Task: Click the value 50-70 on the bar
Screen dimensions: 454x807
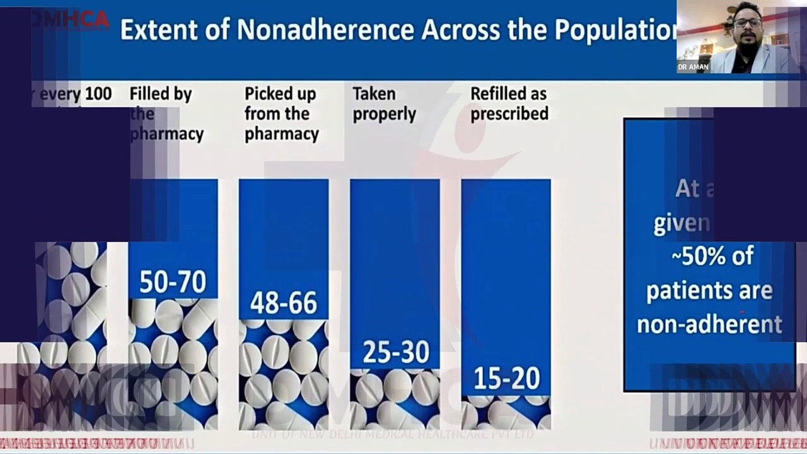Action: point(172,282)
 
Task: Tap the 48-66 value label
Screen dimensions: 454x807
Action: point(283,303)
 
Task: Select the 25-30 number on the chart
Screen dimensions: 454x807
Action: point(395,352)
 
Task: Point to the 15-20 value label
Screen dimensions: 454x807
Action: point(506,379)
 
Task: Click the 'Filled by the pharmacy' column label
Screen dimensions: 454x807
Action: point(166,114)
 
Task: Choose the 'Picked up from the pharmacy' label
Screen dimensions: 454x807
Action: point(281,114)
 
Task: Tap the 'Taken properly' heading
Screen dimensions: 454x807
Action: point(384,104)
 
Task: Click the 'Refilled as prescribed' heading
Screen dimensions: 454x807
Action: point(509,104)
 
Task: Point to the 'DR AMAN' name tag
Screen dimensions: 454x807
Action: point(693,67)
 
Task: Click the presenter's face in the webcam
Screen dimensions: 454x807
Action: point(747,26)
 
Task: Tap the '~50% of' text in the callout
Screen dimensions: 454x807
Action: point(712,257)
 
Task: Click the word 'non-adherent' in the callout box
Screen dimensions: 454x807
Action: point(709,324)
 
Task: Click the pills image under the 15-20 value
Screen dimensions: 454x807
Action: point(506,413)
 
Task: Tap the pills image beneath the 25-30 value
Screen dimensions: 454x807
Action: point(395,399)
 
